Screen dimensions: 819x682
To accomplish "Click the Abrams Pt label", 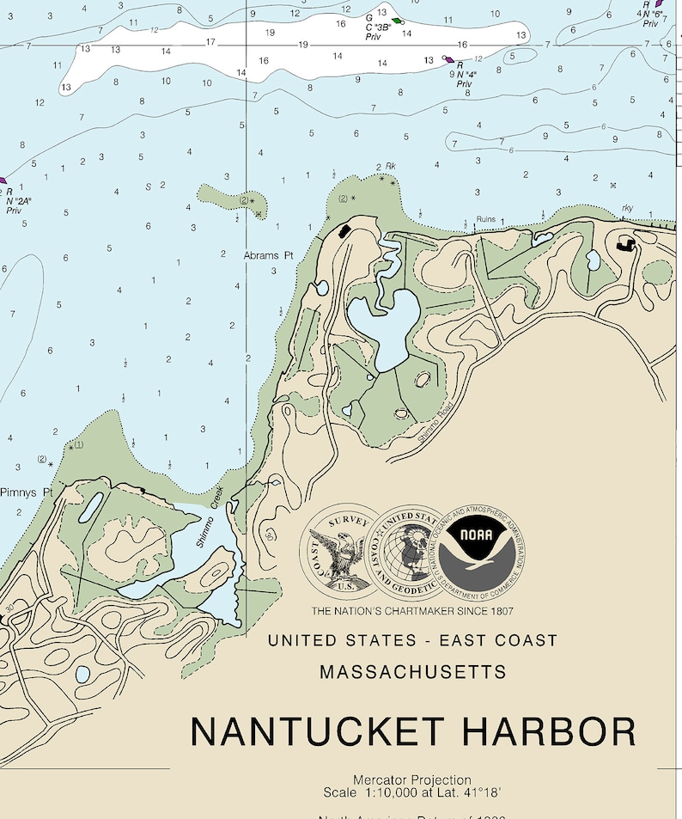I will [x=268, y=255].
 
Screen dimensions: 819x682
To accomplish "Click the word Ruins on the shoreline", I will [x=487, y=220].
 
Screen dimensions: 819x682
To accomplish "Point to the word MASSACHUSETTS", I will [x=412, y=672].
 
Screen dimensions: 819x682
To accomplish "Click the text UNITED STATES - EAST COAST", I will [x=412, y=640].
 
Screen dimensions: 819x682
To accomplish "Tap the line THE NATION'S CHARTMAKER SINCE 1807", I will [x=412, y=611].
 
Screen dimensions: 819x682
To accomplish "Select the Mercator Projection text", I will [x=411, y=780].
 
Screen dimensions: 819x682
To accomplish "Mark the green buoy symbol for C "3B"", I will [x=396, y=21].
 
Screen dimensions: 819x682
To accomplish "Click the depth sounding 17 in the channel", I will [x=210, y=42].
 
